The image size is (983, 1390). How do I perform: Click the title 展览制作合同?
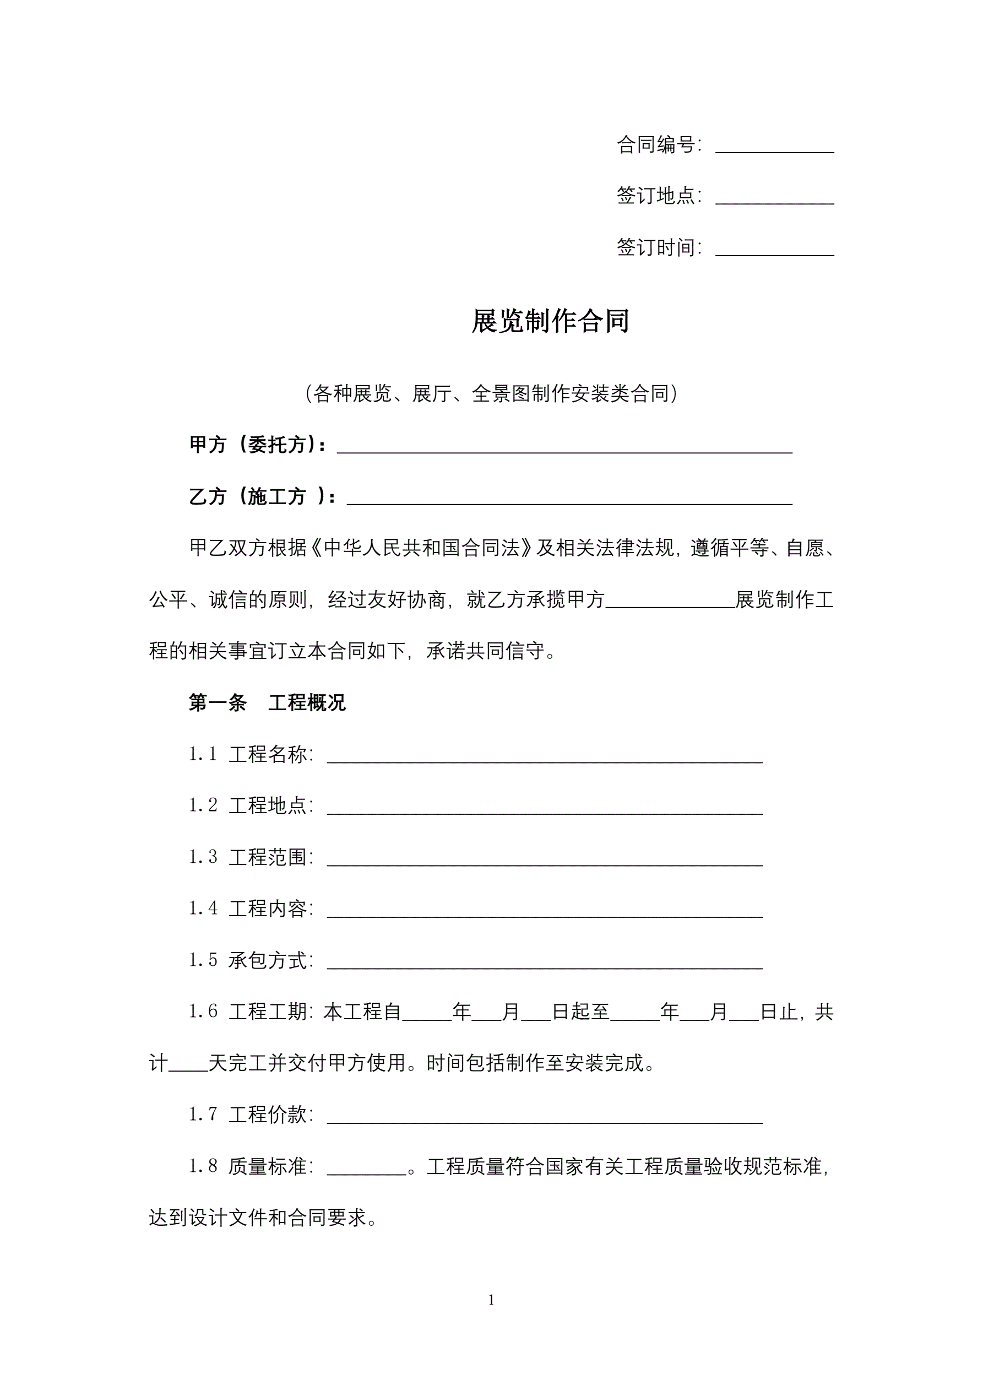[550, 321]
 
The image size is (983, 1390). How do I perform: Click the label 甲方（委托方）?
[257, 445]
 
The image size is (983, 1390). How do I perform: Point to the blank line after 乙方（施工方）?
[569, 498]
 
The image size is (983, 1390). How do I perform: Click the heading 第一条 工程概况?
[267, 703]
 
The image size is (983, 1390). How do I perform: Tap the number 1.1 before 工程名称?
[202, 754]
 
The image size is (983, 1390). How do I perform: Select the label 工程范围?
[268, 857]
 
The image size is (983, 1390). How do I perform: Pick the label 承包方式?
[268, 960]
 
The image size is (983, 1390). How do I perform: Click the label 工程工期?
[268, 1012]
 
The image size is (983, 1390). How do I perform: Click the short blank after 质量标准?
[366, 1169]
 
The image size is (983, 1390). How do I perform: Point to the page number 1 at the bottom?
[491, 1300]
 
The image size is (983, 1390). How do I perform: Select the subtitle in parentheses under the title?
[491, 394]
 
